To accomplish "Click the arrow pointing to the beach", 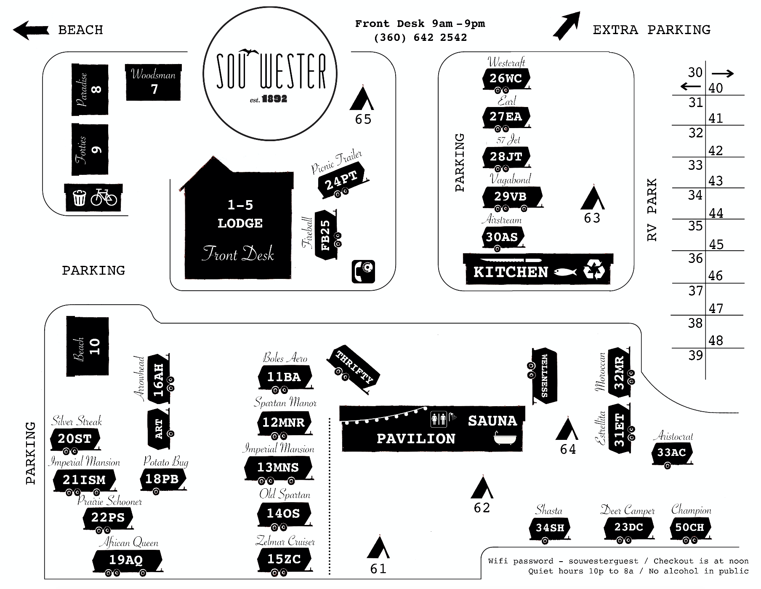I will (30, 30).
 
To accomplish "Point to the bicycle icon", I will (104, 197).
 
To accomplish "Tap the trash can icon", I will (79, 197).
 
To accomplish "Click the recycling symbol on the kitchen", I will (594, 271).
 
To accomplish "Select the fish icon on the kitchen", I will (565, 272).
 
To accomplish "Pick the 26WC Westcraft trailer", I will (506, 78).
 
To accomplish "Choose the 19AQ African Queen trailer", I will (126, 560).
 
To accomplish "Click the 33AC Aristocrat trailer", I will (672, 453).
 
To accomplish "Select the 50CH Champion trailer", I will (689, 527).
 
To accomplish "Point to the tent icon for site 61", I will (378, 548).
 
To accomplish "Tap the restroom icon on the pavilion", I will (439, 419).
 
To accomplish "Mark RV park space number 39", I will (695, 355).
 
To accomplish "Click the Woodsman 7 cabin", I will (154, 83).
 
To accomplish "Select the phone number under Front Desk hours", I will (420, 37).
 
